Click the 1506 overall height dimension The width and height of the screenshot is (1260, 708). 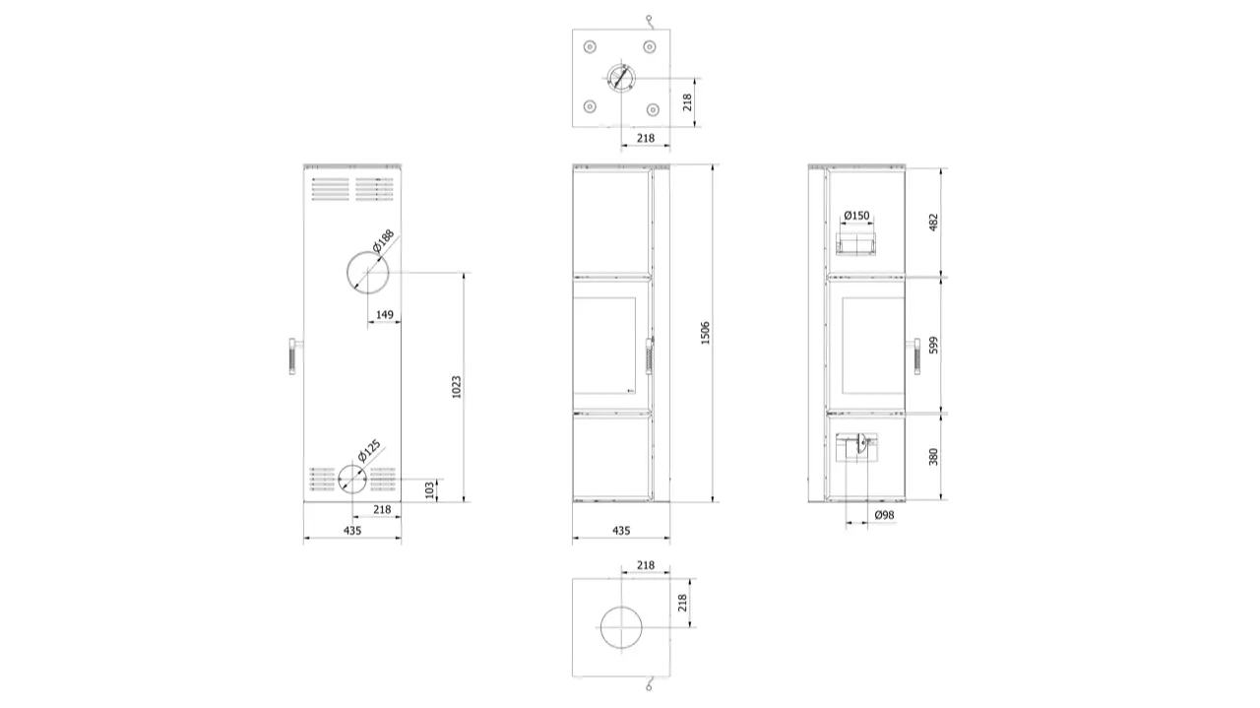click(705, 333)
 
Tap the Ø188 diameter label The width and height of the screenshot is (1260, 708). click(384, 240)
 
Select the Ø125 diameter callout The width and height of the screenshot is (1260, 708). click(369, 450)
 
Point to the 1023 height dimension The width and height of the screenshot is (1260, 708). click(456, 387)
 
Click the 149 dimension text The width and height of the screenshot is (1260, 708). click(385, 314)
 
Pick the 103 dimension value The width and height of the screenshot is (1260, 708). click(430, 489)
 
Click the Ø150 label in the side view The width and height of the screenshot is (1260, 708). click(856, 215)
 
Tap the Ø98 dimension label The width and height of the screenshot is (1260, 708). click(884, 515)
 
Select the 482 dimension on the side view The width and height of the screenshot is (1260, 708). click(933, 223)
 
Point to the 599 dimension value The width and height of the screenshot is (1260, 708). click(933, 345)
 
